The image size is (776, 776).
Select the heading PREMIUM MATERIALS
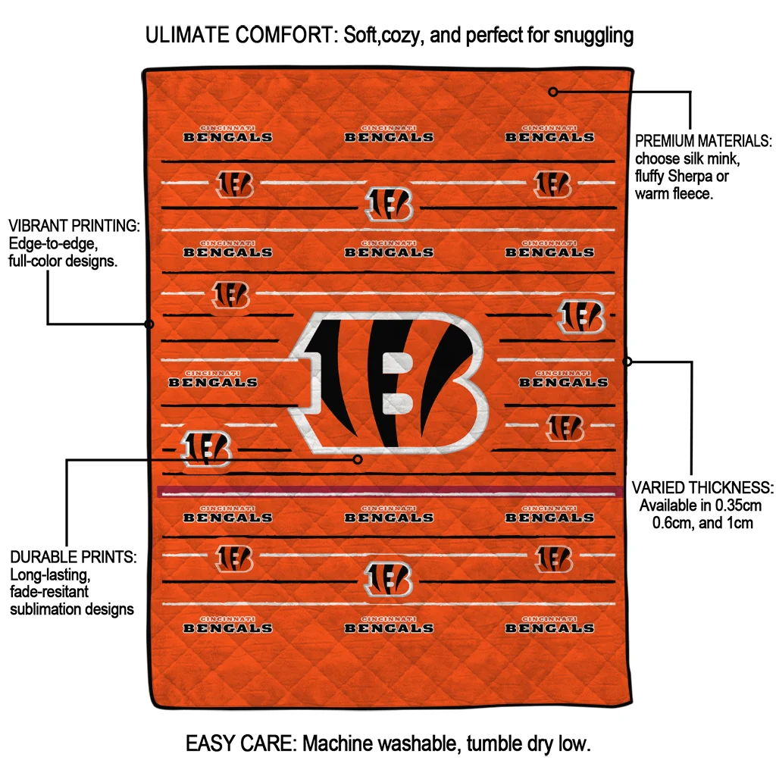coord(702,141)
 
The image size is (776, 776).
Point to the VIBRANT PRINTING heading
coord(74,227)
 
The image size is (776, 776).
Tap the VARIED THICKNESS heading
coord(702,487)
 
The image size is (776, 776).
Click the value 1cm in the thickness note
coord(738,523)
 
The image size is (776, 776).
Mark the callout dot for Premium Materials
coord(553,92)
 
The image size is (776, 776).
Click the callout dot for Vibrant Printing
coord(149,324)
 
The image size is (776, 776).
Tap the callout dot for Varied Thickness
coord(627,361)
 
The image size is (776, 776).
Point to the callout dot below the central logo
coord(358,459)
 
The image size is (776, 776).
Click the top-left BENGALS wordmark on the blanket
coord(227,136)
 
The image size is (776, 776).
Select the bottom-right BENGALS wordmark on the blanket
coord(549,627)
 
